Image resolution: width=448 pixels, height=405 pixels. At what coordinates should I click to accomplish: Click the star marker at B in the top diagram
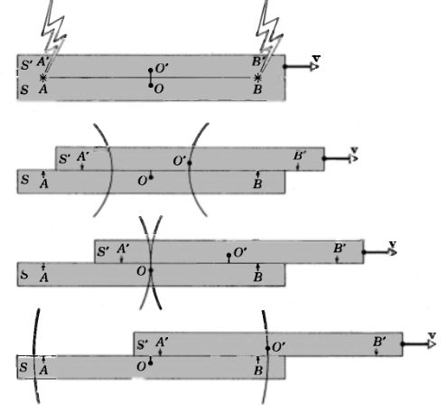click(259, 80)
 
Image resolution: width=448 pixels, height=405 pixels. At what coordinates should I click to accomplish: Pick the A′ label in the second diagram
click(83, 156)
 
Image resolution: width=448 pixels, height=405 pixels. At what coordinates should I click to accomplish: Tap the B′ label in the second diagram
click(301, 156)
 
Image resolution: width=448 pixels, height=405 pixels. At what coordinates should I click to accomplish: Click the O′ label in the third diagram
click(240, 251)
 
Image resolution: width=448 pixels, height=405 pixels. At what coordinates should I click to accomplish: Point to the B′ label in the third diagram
click(340, 248)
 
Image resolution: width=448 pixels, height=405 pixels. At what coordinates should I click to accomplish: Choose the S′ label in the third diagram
click(104, 250)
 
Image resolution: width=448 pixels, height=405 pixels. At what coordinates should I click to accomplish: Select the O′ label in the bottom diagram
click(279, 345)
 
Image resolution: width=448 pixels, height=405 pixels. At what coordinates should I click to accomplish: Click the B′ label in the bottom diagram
click(381, 342)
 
